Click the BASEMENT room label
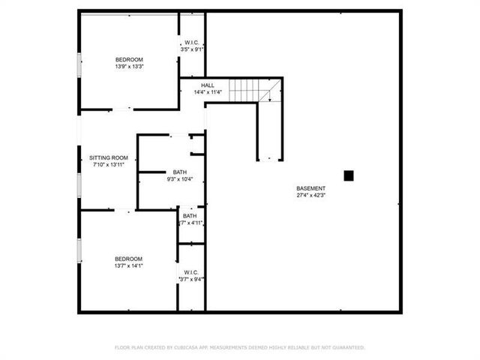click(x=310, y=188)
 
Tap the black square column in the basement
click(x=348, y=175)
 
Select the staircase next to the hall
click(x=250, y=90)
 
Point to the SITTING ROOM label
click(x=109, y=157)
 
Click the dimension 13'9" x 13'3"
click(x=129, y=67)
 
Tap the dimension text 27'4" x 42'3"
click(x=310, y=196)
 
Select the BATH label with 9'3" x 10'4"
click(x=180, y=172)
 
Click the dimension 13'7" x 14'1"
click(x=129, y=264)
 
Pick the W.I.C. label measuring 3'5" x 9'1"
click(x=192, y=42)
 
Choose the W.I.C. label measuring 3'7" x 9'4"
click(x=190, y=272)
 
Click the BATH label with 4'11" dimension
click(x=190, y=216)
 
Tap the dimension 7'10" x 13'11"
click(x=109, y=164)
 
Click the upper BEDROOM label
click(x=129, y=59)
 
